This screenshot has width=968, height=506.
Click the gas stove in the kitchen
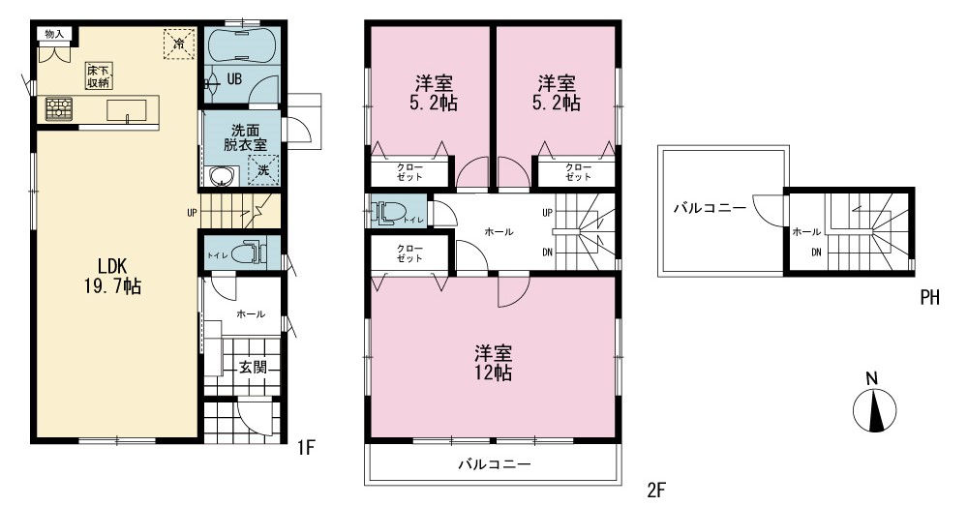[59, 109]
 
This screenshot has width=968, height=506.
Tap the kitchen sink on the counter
[127, 110]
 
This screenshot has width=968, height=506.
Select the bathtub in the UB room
[238, 46]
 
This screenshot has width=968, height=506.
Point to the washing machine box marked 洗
[263, 170]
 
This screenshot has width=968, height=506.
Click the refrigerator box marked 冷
[179, 44]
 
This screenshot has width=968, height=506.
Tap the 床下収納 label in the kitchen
[99, 76]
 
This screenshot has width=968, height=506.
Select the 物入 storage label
[54, 34]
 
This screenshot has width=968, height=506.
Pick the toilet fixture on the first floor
[254, 252]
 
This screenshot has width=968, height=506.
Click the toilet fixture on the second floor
[386, 212]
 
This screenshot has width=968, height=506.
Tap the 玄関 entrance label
[253, 367]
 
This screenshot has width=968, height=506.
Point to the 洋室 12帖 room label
[494, 363]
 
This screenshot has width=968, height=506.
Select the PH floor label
[929, 298]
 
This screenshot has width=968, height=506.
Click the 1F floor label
[306, 447]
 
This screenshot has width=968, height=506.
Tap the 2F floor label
[656, 491]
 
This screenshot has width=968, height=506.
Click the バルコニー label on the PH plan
[710, 208]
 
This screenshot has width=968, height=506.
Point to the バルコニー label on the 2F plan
[495, 464]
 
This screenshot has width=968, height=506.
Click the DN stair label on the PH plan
[816, 252]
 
